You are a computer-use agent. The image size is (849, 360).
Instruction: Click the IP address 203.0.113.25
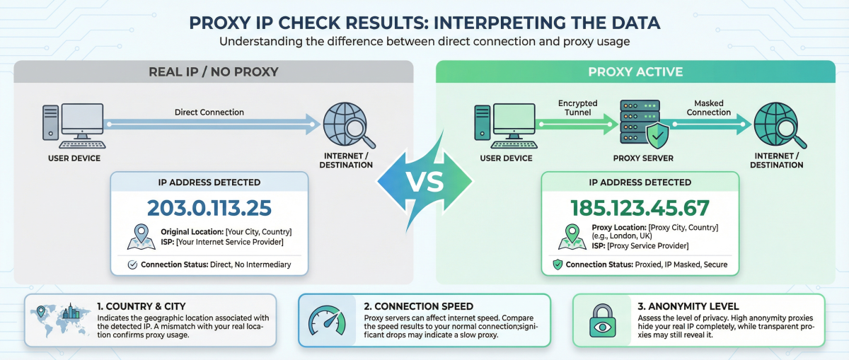(x=209, y=207)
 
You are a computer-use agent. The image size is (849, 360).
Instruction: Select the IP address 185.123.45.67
(x=640, y=207)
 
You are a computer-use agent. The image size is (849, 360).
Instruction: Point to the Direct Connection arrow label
(x=209, y=112)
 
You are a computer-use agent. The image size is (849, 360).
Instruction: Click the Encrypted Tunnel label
(x=578, y=108)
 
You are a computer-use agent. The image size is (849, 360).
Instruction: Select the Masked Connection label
(x=708, y=108)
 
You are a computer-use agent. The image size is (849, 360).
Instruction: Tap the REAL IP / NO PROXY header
(x=213, y=71)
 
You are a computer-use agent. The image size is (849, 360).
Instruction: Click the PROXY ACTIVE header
(x=635, y=71)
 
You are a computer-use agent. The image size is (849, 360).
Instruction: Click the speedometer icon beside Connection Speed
(x=326, y=320)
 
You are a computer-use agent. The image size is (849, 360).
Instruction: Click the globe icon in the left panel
(x=345, y=123)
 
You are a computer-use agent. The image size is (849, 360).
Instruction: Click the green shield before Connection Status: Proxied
(x=558, y=265)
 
